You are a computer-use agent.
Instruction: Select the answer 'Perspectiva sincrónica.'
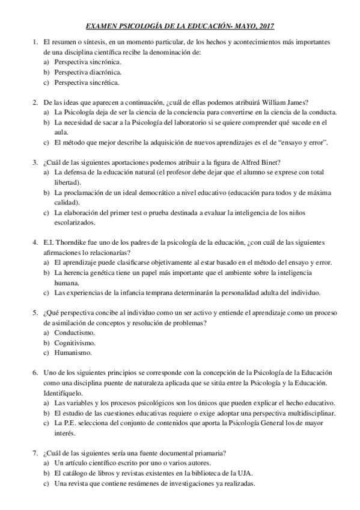pyautogui.click(x=87, y=62)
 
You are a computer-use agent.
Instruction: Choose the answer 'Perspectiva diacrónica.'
pyautogui.click(x=87, y=72)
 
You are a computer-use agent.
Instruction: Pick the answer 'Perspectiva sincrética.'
pyautogui.click(x=87, y=82)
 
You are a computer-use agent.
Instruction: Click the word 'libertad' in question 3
pyautogui.click(x=67, y=182)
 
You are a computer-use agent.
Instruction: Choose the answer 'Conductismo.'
pyautogui.click(x=74, y=333)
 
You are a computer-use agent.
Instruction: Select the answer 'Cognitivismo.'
pyautogui.click(x=75, y=343)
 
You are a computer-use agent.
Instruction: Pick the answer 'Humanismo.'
pyautogui.click(x=73, y=353)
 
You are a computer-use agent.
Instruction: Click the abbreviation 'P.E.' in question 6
pyautogui.click(x=71, y=423)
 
